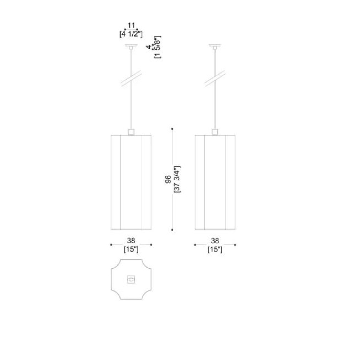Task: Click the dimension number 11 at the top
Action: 131,25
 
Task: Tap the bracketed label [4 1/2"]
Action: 131,34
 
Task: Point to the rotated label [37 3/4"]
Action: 177,179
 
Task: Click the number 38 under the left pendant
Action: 131,240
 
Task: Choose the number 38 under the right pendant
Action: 215,240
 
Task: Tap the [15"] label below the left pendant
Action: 131,249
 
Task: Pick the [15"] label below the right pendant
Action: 215,249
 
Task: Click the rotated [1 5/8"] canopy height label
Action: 158,47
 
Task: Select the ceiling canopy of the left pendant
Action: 131,45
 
